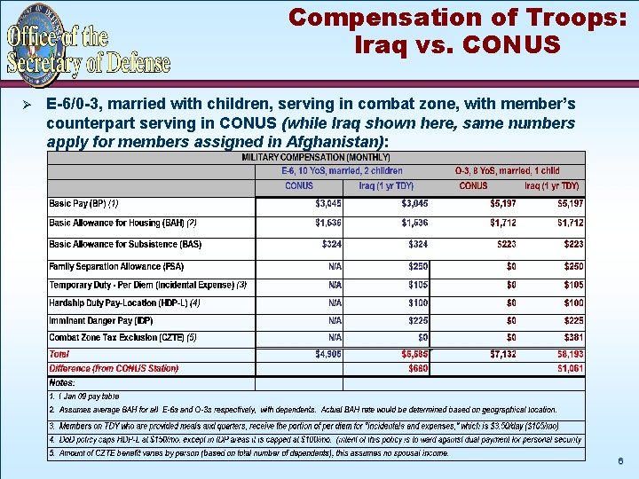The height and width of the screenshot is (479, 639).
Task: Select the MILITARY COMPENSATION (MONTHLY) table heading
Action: click(315, 158)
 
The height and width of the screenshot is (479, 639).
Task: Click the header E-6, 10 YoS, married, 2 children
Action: click(342, 171)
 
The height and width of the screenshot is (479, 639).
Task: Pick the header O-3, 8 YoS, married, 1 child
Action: click(507, 171)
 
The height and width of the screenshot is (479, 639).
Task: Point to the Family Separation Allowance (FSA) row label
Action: click(116, 266)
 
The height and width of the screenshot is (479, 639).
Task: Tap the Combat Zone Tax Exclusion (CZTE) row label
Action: click(122, 338)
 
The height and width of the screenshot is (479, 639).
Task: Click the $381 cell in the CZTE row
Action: click(573, 338)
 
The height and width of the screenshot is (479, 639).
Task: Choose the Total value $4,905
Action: click(327, 354)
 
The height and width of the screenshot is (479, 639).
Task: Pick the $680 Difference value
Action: click(417, 368)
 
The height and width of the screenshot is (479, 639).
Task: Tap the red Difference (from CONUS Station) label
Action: click(114, 368)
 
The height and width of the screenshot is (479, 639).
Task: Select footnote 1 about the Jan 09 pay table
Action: click(84, 396)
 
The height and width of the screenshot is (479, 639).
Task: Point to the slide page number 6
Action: click(620, 462)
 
